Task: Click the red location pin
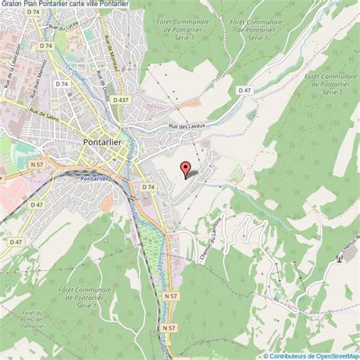(x=184, y=169)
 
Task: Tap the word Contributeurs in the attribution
(x=293, y=355)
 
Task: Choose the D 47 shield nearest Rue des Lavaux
(x=244, y=90)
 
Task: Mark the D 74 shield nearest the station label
(x=147, y=187)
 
